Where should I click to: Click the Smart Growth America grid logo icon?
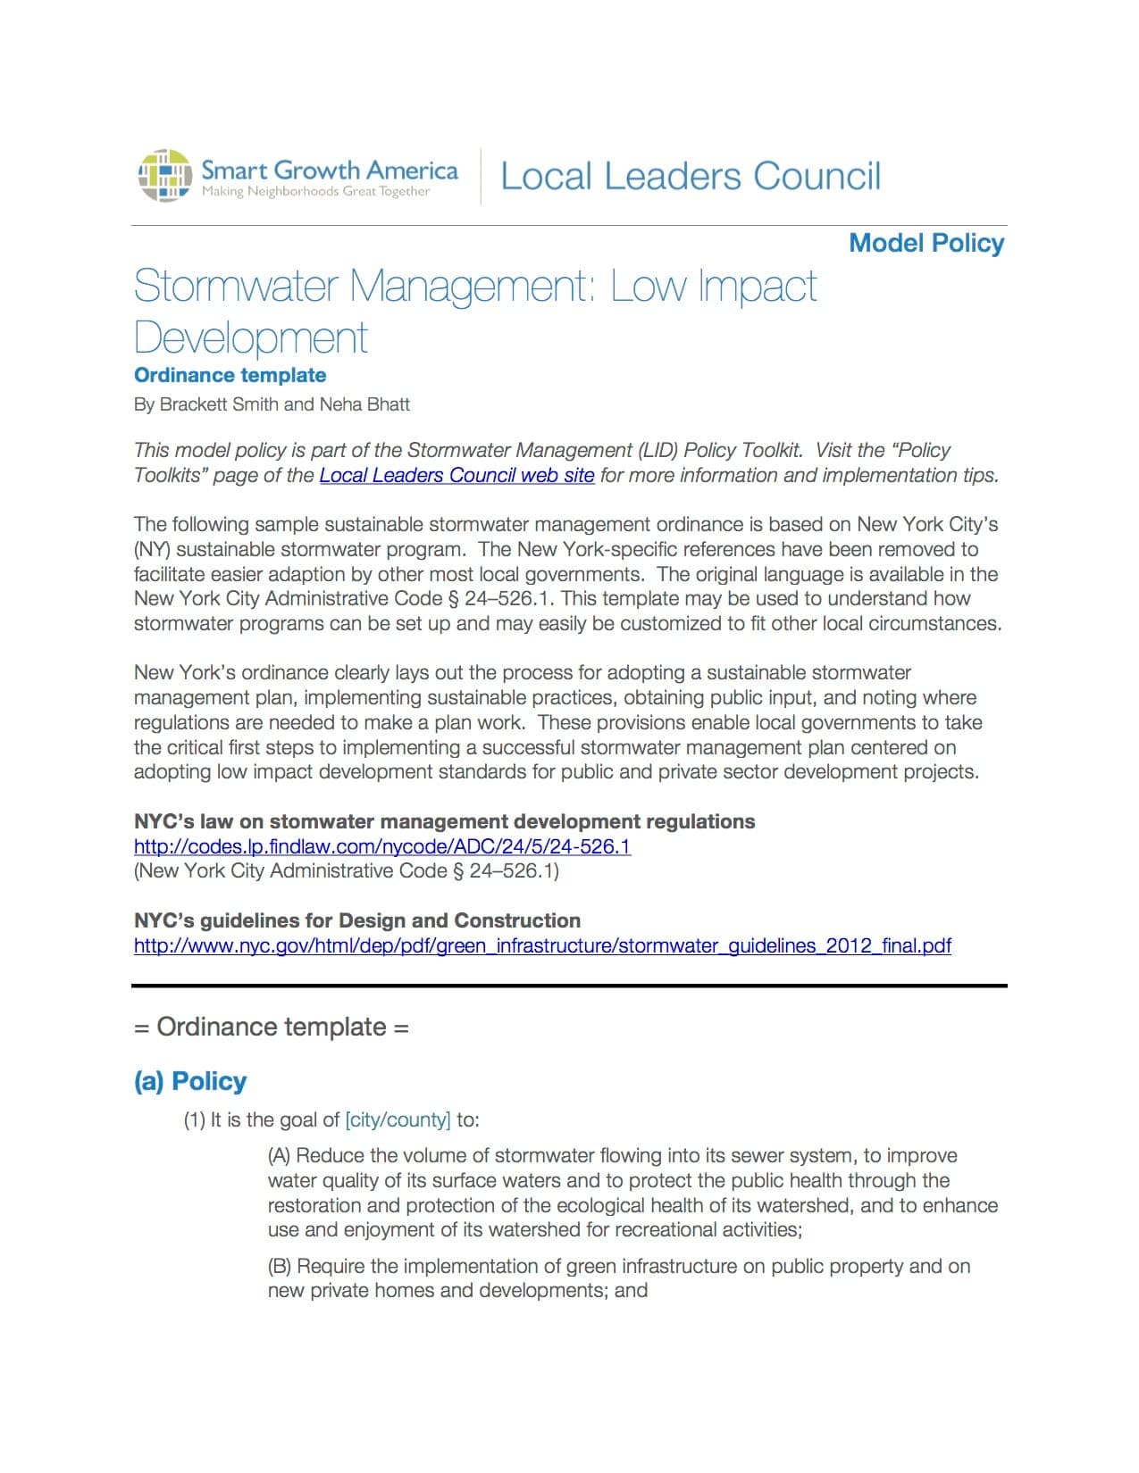(x=165, y=175)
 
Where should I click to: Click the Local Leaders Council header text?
(x=690, y=176)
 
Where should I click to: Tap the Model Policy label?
(x=926, y=243)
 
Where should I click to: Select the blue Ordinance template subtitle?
(x=230, y=375)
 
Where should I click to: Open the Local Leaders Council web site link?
(x=456, y=475)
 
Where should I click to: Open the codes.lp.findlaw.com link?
(x=382, y=846)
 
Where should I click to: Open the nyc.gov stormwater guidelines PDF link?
(x=542, y=945)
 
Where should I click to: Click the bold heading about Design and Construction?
(x=357, y=920)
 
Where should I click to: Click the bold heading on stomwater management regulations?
(x=444, y=821)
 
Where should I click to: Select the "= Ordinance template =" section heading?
(x=271, y=1027)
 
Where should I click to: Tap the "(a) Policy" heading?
(x=190, y=1081)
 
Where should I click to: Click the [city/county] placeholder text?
(x=398, y=1119)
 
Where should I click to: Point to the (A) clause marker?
(x=279, y=1156)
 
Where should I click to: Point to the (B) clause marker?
(x=279, y=1266)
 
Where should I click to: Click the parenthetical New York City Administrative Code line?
(x=347, y=870)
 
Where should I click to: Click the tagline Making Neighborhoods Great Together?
(x=315, y=191)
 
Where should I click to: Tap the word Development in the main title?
(x=251, y=337)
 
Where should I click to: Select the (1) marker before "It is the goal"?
(x=195, y=1119)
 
